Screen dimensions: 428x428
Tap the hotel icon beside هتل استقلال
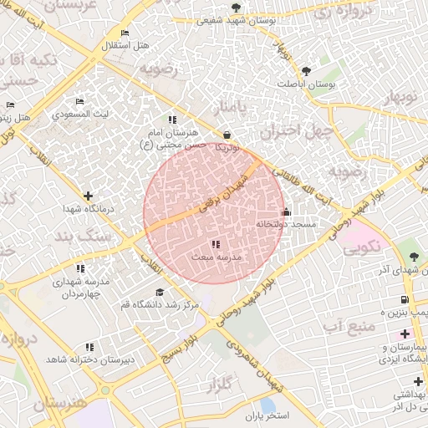(x=125, y=33)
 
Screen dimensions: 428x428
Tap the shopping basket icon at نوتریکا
(x=227, y=135)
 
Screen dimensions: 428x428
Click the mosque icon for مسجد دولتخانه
(x=287, y=211)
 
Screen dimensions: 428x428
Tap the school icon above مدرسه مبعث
(x=216, y=245)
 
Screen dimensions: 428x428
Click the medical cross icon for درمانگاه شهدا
(x=88, y=196)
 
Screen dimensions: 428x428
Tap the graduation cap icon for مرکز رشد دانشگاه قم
(x=160, y=292)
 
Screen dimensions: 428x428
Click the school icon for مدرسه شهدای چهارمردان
(x=80, y=268)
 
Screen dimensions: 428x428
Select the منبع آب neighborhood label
(x=341, y=324)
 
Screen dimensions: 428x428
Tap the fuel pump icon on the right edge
(x=405, y=299)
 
